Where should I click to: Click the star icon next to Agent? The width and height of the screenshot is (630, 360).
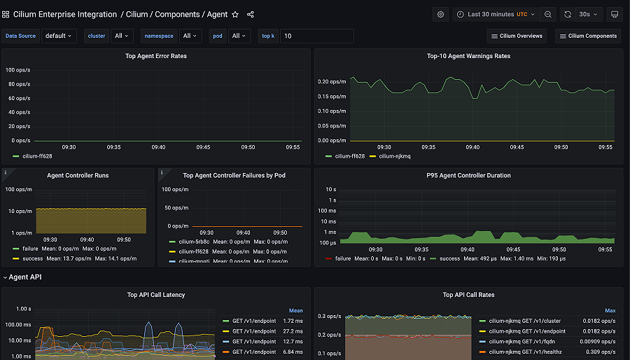[235, 14]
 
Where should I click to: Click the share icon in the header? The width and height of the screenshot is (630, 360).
[251, 14]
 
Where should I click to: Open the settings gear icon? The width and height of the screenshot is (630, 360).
[440, 14]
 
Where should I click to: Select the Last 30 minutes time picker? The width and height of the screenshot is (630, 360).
[496, 14]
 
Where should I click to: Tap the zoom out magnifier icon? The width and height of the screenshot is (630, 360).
[548, 14]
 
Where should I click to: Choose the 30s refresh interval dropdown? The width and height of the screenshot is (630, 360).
[588, 14]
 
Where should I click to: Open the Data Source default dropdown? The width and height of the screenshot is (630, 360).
[59, 36]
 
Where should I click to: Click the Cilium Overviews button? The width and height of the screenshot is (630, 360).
[517, 36]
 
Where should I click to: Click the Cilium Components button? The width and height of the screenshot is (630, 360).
[588, 36]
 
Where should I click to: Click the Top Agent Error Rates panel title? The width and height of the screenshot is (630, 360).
[155, 56]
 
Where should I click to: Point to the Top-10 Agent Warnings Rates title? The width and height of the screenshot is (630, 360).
[468, 56]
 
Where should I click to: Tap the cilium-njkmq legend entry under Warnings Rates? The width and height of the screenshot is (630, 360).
[396, 156]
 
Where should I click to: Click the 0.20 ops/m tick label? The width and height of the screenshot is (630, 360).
[332, 81]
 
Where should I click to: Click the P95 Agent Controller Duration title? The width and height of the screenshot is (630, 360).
[468, 175]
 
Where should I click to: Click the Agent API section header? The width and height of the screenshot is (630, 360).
[25, 277]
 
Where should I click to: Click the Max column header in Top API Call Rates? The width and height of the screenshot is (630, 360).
[610, 310]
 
